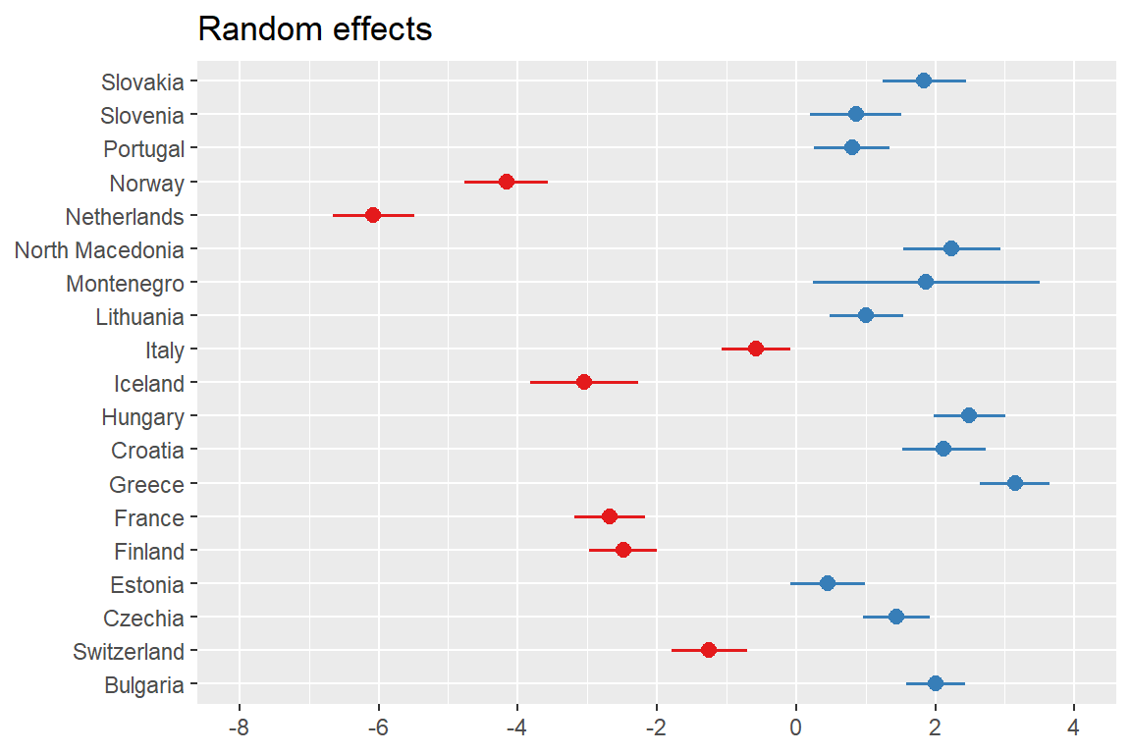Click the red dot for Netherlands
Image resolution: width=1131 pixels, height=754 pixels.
[x=373, y=215]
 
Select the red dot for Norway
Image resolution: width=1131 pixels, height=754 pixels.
[x=507, y=182]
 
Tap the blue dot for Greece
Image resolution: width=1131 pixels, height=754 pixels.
[x=1015, y=483]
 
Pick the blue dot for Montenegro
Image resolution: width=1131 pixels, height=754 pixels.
[x=926, y=282]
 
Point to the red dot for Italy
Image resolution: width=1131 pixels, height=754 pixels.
[x=756, y=349]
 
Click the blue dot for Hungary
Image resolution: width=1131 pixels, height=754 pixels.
[x=969, y=415]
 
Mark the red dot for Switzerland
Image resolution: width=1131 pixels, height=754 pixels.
[x=709, y=650]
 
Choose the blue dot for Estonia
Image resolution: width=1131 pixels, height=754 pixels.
[x=828, y=583]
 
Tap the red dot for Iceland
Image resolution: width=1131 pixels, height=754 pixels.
[x=584, y=382]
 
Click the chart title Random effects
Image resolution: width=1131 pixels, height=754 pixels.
[x=315, y=29]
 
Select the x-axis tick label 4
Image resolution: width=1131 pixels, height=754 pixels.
[x=1074, y=730]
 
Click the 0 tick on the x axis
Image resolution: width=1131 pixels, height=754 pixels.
[x=796, y=730]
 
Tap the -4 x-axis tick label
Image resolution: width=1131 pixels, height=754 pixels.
[x=516, y=730]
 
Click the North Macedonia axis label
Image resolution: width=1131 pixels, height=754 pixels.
[x=99, y=250]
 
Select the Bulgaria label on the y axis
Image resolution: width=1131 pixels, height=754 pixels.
[x=143, y=685]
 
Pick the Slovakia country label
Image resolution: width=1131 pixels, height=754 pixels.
[x=142, y=81]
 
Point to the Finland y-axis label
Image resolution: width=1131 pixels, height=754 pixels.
[x=148, y=552]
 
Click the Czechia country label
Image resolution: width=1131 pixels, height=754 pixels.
[x=143, y=619]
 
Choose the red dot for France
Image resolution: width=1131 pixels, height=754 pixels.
[x=610, y=516]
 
